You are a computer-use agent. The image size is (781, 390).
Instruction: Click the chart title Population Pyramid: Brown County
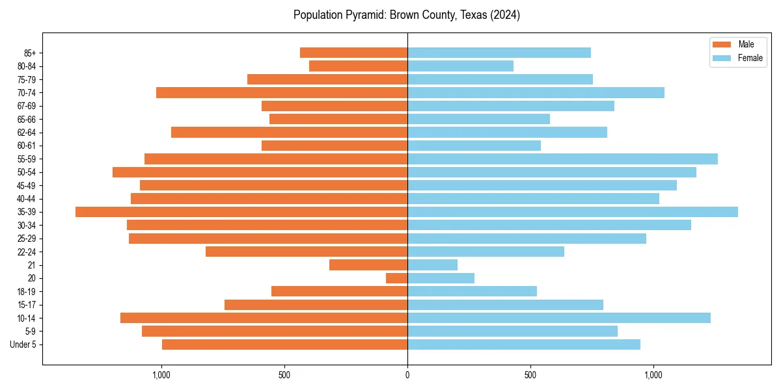point(407,15)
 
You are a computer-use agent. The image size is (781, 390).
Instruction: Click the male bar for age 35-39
point(241,212)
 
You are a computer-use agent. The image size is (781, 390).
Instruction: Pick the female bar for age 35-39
point(573,212)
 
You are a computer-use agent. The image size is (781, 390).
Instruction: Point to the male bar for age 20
point(396,278)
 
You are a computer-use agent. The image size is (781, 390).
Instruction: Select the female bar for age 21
point(432,265)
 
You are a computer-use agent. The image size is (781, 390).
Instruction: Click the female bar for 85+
point(499,53)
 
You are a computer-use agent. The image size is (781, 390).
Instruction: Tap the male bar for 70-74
point(282,93)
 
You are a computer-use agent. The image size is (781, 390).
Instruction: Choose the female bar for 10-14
point(559,318)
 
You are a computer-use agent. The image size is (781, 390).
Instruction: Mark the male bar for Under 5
point(284,344)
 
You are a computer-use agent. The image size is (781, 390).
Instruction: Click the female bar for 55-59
point(562,159)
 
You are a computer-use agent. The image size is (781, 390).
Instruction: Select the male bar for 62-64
point(289,133)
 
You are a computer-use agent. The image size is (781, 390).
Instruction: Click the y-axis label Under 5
point(23,344)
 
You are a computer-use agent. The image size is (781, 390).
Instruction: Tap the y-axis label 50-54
point(27,172)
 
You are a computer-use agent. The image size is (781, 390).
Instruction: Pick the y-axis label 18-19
point(27,292)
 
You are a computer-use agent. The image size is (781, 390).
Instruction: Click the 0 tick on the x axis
point(407,374)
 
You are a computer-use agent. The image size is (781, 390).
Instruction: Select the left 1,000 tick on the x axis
point(161,374)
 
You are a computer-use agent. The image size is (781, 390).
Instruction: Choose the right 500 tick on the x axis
point(530,374)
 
